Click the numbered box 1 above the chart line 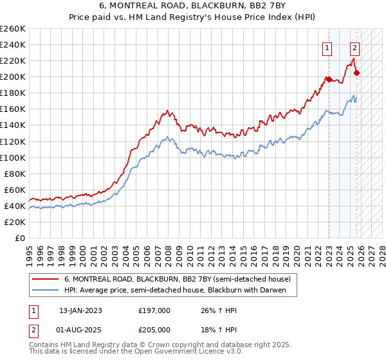tap(327, 47)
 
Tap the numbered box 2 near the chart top tap(354, 47)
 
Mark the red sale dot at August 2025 tap(357, 73)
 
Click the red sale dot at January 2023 tap(329, 79)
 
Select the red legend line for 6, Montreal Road tap(45, 280)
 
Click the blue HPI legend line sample tap(45, 291)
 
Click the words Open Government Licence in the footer tap(169, 353)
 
